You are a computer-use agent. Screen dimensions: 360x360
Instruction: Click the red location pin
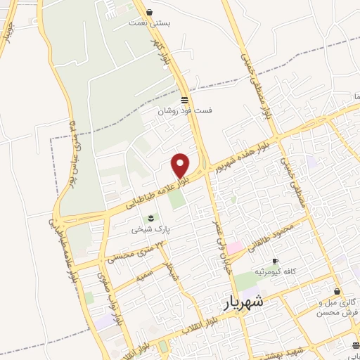181,165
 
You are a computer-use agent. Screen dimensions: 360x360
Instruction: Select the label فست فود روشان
184,110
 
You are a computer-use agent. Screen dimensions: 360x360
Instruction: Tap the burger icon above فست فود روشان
184,99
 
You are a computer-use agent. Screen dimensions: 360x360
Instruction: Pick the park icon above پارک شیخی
149,217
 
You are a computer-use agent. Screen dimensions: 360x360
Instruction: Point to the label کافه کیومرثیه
278,271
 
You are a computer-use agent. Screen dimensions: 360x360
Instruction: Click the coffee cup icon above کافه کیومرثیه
275,260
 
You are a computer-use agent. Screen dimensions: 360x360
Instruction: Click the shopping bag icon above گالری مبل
337,291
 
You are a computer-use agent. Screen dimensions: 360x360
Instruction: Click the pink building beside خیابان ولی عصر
234,247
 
